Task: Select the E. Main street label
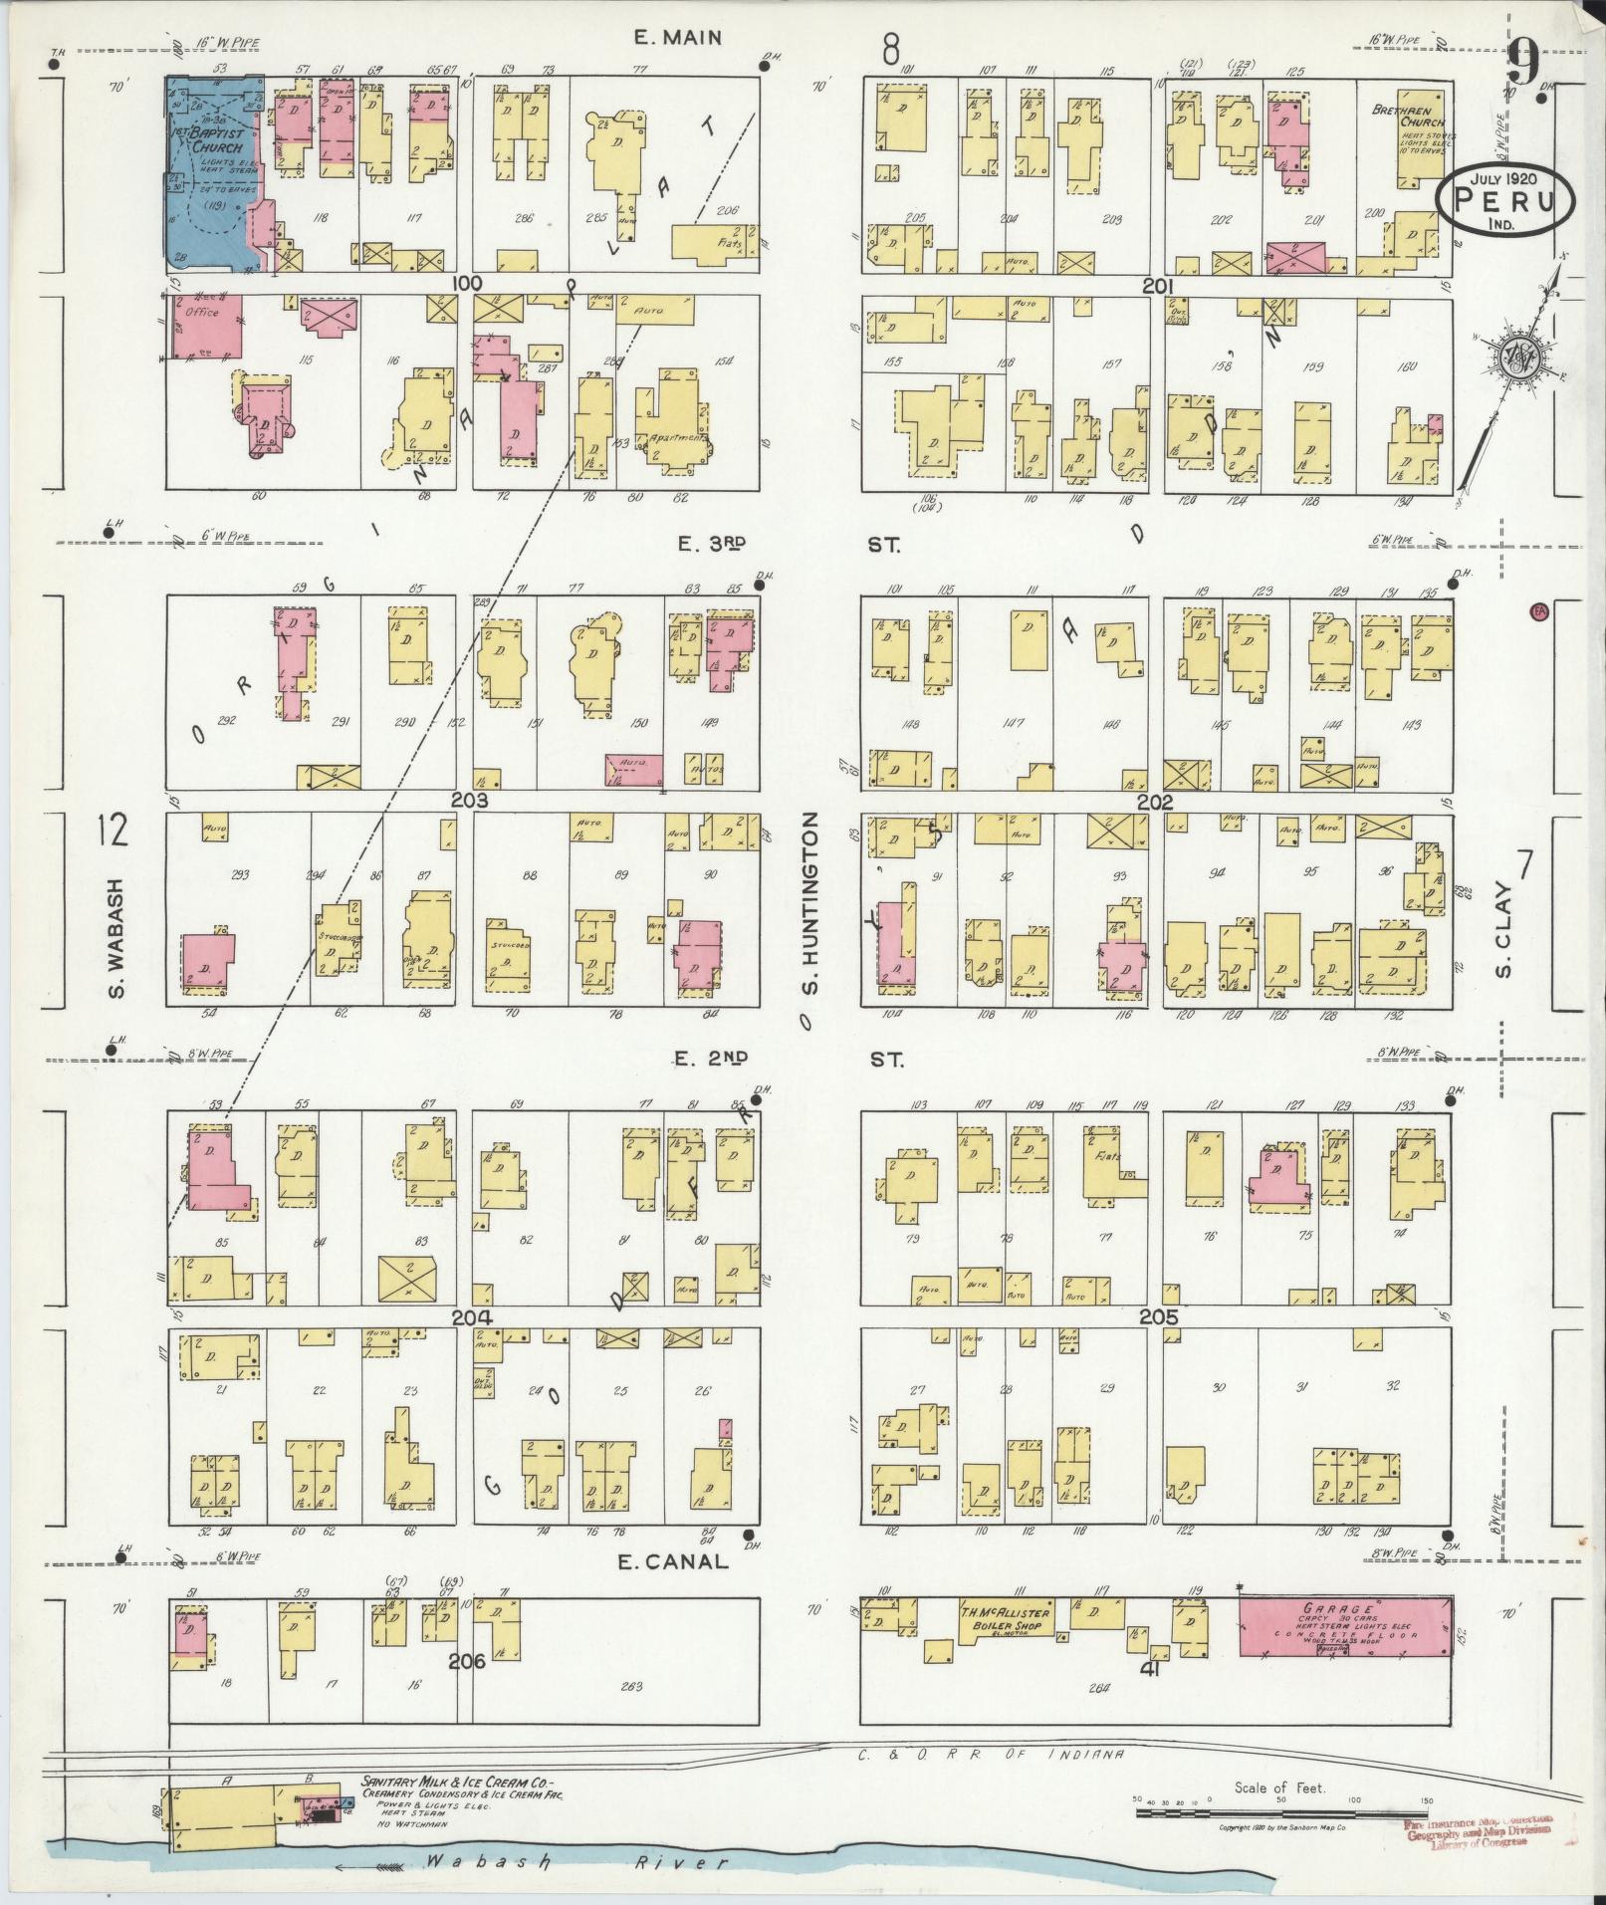(676, 38)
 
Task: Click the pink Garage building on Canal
(1344, 1629)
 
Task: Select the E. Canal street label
(673, 1561)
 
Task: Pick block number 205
(1159, 1316)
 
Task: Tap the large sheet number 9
(1524, 65)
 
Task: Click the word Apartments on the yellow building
(678, 437)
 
